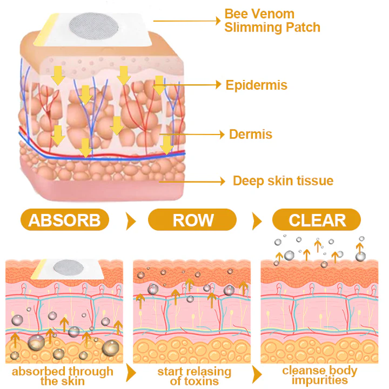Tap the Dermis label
pyautogui.click(x=250, y=133)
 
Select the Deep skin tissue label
pyautogui.click(x=283, y=180)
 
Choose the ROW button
pyautogui.click(x=192, y=220)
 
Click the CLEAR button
pyautogui.click(x=317, y=220)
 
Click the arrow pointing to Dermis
pyautogui.click(x=192, y=133)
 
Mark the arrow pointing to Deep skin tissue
pyautogui.click(x=192, y=182)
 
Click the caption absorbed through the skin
pyautogui.click(x=63, y=376)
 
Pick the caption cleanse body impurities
pyautogui.click(x=319, y=375)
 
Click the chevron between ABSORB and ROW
pyautogui.click(x=130, y=221)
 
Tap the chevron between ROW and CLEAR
pyautogui.click(x=256, y=221)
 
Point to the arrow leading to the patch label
pyautogui.click(x=186, y=21)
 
